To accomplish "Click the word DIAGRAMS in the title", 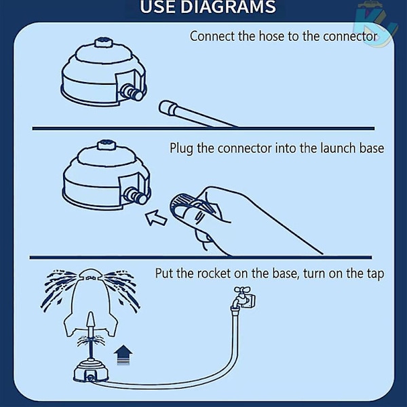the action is [x=228, y=7].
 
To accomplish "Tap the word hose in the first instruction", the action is [x=272, y=36].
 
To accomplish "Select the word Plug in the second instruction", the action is [x=181, y=149].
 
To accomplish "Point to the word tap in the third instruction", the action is [x=376, y=274].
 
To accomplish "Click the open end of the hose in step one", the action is [x=166, y=109].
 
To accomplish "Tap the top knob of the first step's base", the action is [x=104, y=42].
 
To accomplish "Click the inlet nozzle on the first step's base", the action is [x=132, y=92].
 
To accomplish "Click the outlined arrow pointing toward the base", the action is [x=156, y=218].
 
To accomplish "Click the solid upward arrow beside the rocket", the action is [x=123, y=355].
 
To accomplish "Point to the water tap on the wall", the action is [x=243, y=297].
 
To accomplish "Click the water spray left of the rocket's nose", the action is [x=60, y=288].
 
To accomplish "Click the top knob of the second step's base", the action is [x=106, y=145].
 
